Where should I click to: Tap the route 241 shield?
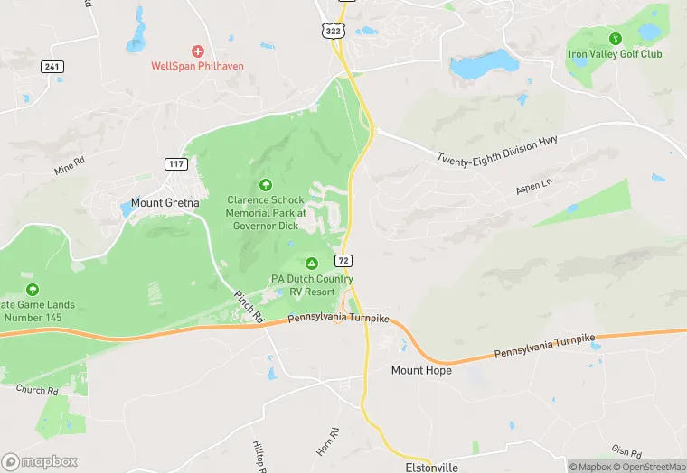53,66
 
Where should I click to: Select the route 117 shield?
176,163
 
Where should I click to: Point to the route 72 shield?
343,260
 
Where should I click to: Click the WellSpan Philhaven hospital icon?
198,51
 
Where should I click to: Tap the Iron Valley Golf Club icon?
615,39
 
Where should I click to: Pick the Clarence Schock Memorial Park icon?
265,184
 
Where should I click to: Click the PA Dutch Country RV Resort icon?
311,264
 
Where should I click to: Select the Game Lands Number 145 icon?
33,290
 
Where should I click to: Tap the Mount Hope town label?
420,370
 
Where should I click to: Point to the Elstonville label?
431,467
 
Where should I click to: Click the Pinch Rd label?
248,305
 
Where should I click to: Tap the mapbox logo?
38,461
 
